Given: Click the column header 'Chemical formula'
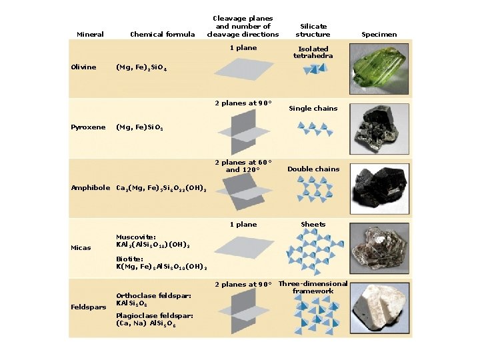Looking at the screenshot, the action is tap(163, 34).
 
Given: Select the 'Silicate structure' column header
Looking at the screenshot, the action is tap(313, 31).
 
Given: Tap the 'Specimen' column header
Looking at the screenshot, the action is tap(379, 34).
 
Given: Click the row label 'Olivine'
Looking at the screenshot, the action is tap(83, 67).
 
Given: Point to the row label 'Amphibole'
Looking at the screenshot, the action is tap(91, 187).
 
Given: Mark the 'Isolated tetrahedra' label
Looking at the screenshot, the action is tap(313, 52).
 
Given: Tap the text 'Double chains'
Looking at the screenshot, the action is tap(313, 169).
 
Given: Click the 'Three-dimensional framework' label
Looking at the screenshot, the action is tap(313, 287).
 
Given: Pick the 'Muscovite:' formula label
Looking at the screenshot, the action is tap(136, 237).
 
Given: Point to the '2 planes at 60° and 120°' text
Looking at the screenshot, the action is tap(243, 165).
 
